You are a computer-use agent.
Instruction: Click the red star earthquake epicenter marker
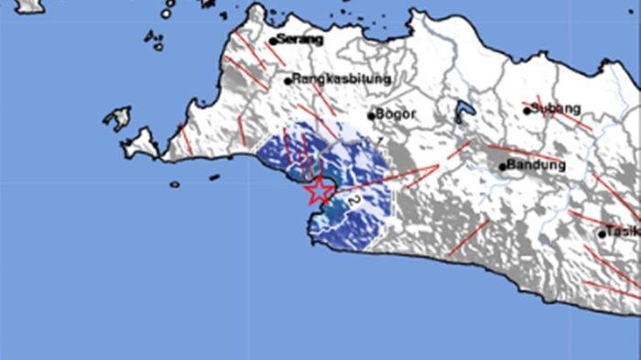coord(319,191)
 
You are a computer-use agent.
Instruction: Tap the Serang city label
coord(302,40)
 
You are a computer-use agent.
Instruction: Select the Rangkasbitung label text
coord(342,80)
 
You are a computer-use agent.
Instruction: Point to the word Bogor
coord(397,115)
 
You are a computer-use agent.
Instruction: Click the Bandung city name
coord(537,166)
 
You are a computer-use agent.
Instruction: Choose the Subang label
coord(558,110)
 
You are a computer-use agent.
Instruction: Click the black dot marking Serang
coord(273,41)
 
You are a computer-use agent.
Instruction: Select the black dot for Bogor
coord(371,115)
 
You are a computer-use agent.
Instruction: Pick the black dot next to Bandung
coord(503,167)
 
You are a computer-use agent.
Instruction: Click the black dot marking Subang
coord(527,111)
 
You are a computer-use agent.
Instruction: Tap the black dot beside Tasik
coord(603,234)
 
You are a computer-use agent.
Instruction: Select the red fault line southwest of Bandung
coord(469,235)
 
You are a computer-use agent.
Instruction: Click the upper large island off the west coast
coord(117,117)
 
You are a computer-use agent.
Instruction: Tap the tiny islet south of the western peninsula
coord(175,184)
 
